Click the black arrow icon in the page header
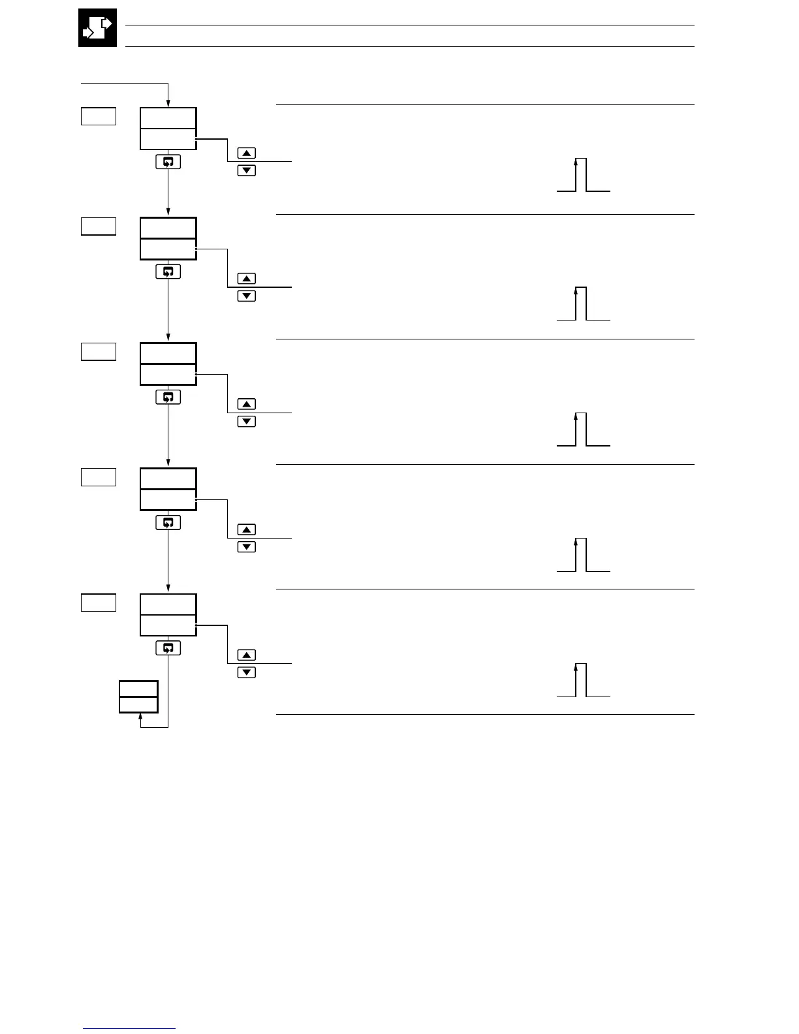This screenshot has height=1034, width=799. coord(97,28)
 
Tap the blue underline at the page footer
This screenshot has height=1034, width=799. coord(129,1029)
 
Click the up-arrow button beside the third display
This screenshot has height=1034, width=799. coord(246,404)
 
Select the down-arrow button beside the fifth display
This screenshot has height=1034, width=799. coord(246,672)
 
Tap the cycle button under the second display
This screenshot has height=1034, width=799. coord(168,272)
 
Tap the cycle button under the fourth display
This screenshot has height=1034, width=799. coord(168,522)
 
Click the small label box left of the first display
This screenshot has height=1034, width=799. coord(99,116)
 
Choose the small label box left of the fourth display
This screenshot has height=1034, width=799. coord(99,477)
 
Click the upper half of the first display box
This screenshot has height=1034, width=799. coord(168,118)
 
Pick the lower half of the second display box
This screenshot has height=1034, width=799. coord(168,249)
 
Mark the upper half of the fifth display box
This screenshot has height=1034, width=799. coord(168,604)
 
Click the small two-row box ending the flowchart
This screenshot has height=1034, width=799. coord(138,697)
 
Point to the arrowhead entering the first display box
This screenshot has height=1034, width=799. coord(168,103)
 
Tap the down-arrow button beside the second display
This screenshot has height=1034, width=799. coord(246,296)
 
